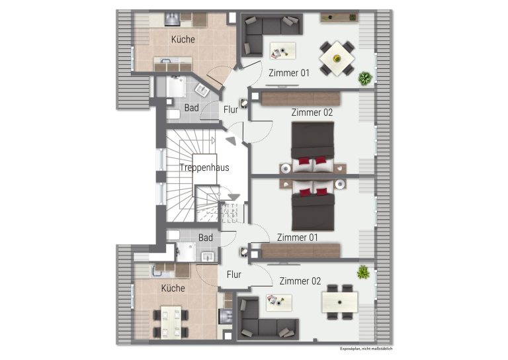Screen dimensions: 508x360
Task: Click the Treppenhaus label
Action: tap(204, 167)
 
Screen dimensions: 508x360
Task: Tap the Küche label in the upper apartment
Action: tap(183, 40)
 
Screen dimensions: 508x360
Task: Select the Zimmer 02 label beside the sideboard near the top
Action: tap(312, 112)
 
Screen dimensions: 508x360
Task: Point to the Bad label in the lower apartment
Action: tap(206, 238)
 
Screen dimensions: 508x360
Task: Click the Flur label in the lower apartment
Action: tap(234, 275)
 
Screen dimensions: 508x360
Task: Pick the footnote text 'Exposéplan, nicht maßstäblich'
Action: tap(366, 349)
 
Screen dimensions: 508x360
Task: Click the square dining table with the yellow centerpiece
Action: tap(337, 58)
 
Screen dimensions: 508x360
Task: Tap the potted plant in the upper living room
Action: tap(365, 78)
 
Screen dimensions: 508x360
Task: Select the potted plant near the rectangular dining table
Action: tap(363, 272)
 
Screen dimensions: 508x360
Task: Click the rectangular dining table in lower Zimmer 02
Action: tap(339, 302)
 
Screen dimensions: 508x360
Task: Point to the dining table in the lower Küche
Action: tap(171, 323)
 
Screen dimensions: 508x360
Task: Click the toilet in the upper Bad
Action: tap(174, 114)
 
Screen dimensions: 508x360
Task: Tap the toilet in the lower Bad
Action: tap(173, 235)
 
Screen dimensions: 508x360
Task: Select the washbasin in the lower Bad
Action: tap(208, 257)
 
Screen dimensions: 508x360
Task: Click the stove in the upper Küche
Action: tap(172, 19)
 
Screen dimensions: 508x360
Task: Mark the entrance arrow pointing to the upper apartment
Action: tap(231, 140)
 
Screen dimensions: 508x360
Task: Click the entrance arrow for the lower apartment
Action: tap(234, 197)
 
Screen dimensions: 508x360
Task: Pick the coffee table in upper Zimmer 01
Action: tap(282, 51)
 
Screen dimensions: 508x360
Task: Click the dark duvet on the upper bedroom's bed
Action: tap(313, 140)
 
